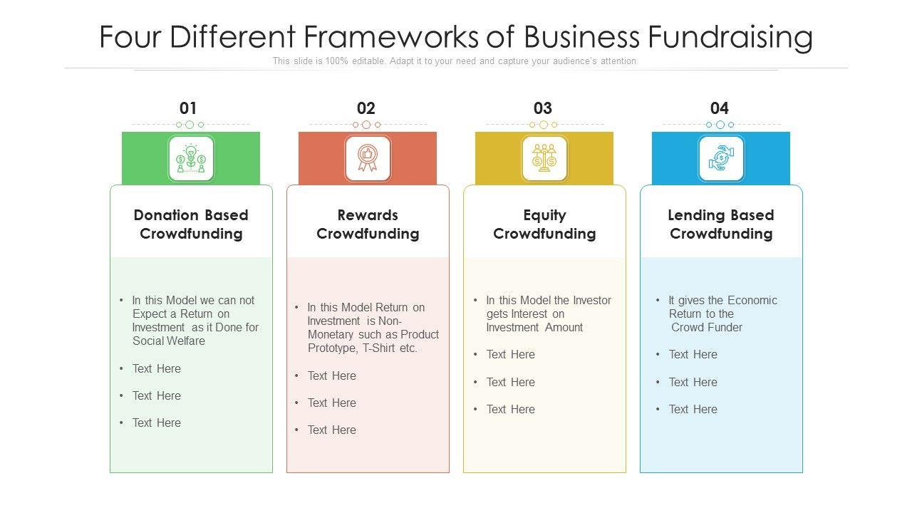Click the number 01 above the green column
[x=188, y=108]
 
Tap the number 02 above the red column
[x=366, y=108]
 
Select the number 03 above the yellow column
[x=543, y=108]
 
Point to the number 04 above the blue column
[x=720, y=108]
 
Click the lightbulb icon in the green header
[x=191, y=158]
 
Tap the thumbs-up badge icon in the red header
[x=368, y=158]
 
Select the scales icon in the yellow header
[x=544, y=158]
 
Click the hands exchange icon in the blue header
[x=721, y=158]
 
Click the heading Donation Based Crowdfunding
[x=191, y=224]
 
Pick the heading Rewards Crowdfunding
[x=368, y=224]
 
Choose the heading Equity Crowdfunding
[x=544, y=224]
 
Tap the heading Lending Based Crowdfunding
[x=721, y=224]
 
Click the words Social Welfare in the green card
[x=169, y=341]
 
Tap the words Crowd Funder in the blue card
[x=707, y=328]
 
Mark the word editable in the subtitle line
[x=367, y=61]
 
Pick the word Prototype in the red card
[x=332, y=348]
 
